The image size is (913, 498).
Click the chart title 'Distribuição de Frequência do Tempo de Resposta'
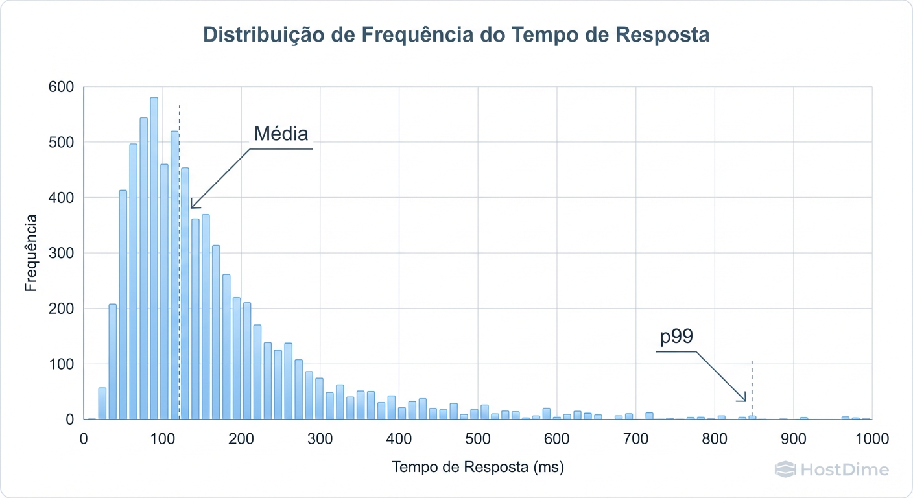pyautogui.click(x=456, y=34)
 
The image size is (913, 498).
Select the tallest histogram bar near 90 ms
pyautogui.click(x=154, y=259)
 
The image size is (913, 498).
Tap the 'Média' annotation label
pyautogui.click(x=281, y=134)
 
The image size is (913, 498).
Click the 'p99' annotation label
pyautogui.click(x=677, y=337)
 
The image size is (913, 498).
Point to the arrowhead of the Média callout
pyautogui.click(x=193, y=206)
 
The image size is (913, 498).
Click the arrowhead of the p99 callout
pyautogui.click(x=744, y=400)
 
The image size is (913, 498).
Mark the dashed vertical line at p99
pyautogui.click(x=752, y=383)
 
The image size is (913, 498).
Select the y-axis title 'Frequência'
pyautogui.click(x=30, y=253)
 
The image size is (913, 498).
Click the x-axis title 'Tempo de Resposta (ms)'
pyautogui.click(x=478, y=467)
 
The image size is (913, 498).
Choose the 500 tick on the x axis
pyautogui.click(x=478, y=438)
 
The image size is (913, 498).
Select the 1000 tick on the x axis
pyautogui.click(x=871, y=438)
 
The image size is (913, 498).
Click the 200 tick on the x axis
pyautogui.click(x=241, y=438)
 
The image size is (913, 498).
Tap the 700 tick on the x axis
pyautogui.click(x=635, y=438)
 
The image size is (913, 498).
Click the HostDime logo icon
pyautogui.click(x=785, y=470)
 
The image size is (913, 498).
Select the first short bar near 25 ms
pyautogui.click(x=102, y=403)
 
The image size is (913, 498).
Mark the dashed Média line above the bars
pyautogui.click(x=179, y=117)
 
